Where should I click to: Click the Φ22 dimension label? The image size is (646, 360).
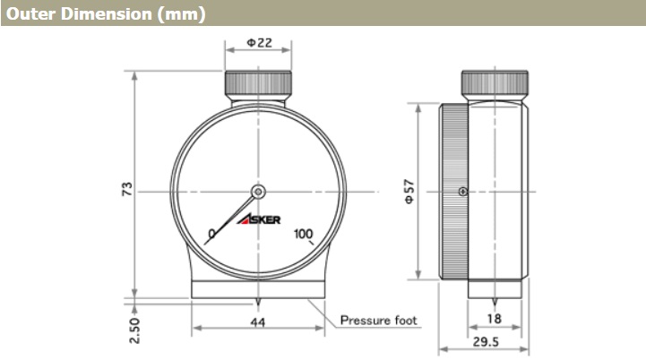click(259, 43)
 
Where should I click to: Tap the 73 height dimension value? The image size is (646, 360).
click(128, 189)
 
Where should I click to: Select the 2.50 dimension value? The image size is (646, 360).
click(134, 330)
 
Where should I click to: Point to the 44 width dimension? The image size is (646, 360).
click(257, 322)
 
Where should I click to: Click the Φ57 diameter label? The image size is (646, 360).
click(409, 191)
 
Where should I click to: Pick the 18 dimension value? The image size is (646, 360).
click(494, 319)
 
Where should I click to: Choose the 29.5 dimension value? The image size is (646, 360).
click(486, 341)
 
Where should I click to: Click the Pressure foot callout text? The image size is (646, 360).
click(379, 320)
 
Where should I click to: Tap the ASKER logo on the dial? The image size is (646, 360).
click(259, 219)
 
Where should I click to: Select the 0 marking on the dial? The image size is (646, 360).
click(211, 234)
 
